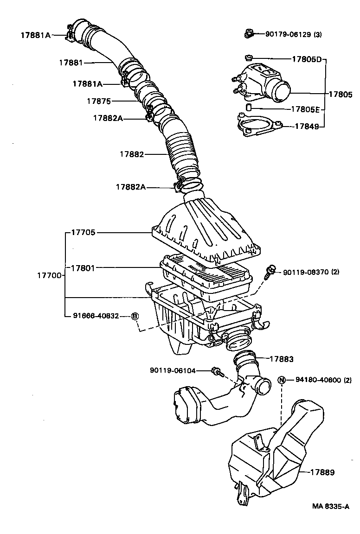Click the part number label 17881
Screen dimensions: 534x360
point(71,62)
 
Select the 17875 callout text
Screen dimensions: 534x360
point(99,101)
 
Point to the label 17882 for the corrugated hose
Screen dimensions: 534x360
point(131,154)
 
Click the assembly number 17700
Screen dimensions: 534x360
point(49,275)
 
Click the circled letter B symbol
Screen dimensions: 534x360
point(135,316)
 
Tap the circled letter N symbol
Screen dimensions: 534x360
point(281,380)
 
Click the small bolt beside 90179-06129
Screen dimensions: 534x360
point(248,33)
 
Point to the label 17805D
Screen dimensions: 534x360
point(307,59)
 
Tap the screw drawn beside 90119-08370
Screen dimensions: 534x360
point(270,272)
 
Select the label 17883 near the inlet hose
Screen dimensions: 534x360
point(282,359)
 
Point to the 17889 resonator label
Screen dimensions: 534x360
point(322,472)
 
